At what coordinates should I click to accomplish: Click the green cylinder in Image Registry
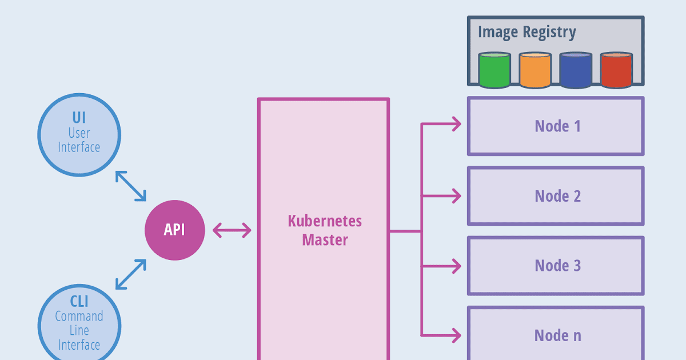(494, 70)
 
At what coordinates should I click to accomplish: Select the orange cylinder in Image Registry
(535, 70)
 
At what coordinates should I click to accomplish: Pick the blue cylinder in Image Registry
(576, 70)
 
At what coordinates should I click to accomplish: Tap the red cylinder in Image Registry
(616, 70)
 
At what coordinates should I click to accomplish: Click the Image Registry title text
(527, 32)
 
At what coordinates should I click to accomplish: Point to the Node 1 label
(557, 126)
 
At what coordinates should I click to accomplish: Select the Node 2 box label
(557, 196)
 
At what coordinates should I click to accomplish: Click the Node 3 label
(557, 266)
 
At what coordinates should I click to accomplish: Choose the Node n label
(557, 335)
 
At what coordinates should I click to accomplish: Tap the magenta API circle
(174, 230)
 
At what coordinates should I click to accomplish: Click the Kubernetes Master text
(325, 230)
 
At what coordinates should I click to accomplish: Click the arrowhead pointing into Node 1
(456, 123)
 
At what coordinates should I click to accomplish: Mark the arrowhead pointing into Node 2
(456, 196)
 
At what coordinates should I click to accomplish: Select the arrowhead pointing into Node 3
(456, 266)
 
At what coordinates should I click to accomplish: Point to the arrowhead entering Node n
(456, 335)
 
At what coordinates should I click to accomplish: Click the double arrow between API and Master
(232, 230)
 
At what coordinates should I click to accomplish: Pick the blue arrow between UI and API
(131, 186)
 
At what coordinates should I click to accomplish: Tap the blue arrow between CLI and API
(131, 274)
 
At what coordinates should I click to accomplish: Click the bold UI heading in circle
(79, 118)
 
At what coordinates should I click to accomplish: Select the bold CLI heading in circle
(79, 301)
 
